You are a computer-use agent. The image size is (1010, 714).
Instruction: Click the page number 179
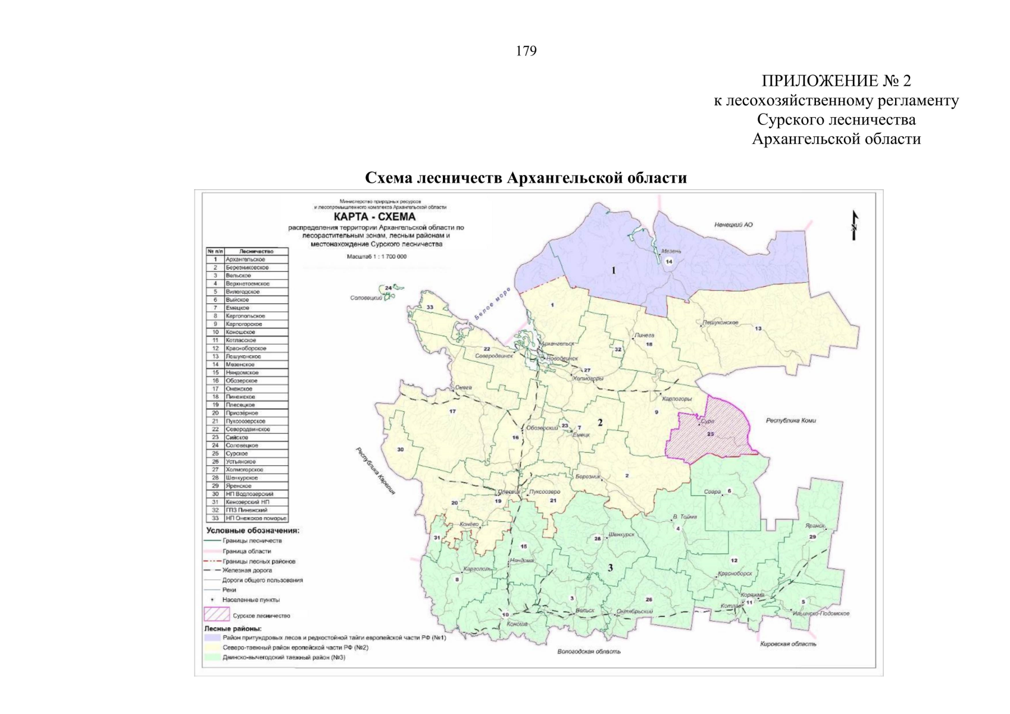pos(526,51)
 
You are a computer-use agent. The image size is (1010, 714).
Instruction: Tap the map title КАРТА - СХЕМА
pos(374,217)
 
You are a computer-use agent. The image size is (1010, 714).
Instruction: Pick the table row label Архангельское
pos(245,259)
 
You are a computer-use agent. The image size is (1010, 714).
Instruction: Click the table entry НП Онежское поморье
pos(256,518)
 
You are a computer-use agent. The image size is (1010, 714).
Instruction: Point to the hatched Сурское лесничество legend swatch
pos(216,613)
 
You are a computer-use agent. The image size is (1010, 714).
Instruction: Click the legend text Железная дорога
pos(247,570)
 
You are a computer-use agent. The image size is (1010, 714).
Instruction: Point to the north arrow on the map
pos(855,226)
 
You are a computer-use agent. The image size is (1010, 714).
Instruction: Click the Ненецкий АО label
pos(733,225)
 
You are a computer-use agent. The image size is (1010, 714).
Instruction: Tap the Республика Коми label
pos(790,421)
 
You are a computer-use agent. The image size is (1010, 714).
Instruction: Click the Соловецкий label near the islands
pos(366,298)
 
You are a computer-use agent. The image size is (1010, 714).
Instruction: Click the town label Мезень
pos(671,252)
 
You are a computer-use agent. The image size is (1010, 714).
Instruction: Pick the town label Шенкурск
pos(621,534)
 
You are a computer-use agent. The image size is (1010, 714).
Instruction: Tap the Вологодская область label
pos(589,652)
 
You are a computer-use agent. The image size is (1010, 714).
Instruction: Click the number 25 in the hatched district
pos(710,434)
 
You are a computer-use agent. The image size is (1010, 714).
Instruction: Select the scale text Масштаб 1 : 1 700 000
pos(377,256)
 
